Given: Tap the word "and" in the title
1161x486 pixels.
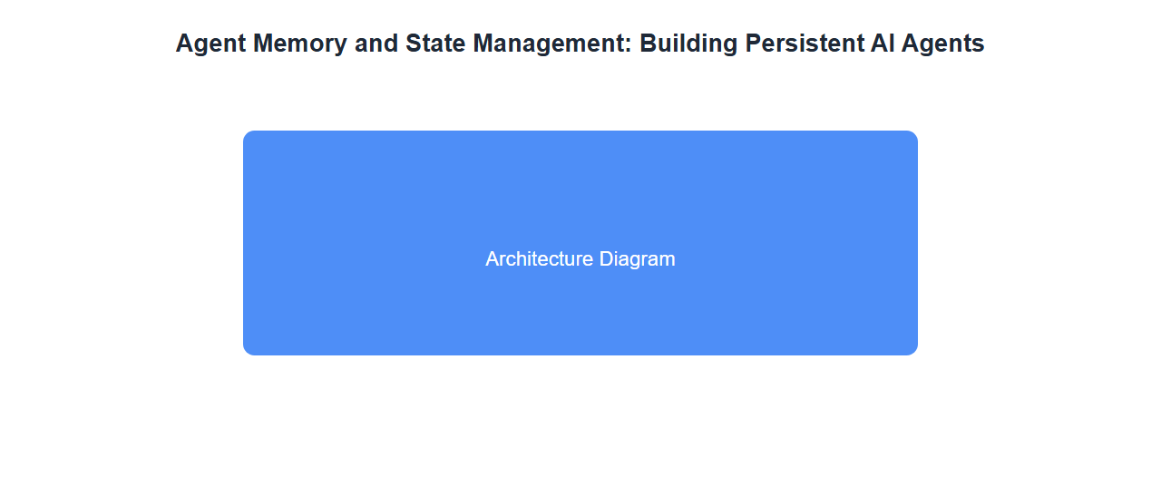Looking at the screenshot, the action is [376, 43].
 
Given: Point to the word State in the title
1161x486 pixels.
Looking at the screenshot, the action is [434, 43].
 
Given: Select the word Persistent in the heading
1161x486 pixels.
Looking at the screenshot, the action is [804, 43].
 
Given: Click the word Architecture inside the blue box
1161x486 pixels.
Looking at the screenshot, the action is [539, 259].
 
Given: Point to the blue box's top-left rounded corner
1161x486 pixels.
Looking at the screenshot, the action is [246, 133].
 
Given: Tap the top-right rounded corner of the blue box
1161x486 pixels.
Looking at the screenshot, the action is [915, 133].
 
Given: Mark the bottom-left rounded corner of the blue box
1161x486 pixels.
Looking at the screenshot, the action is [246, 353].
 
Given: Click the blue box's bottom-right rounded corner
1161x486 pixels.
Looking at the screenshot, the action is [915, 353].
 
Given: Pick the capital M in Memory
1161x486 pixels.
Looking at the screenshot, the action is [263, 43].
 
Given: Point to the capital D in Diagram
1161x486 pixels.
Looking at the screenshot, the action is [607, 259].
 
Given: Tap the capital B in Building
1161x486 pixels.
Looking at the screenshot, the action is [649, 43].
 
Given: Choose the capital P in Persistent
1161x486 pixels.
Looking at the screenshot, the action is [754, 43].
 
